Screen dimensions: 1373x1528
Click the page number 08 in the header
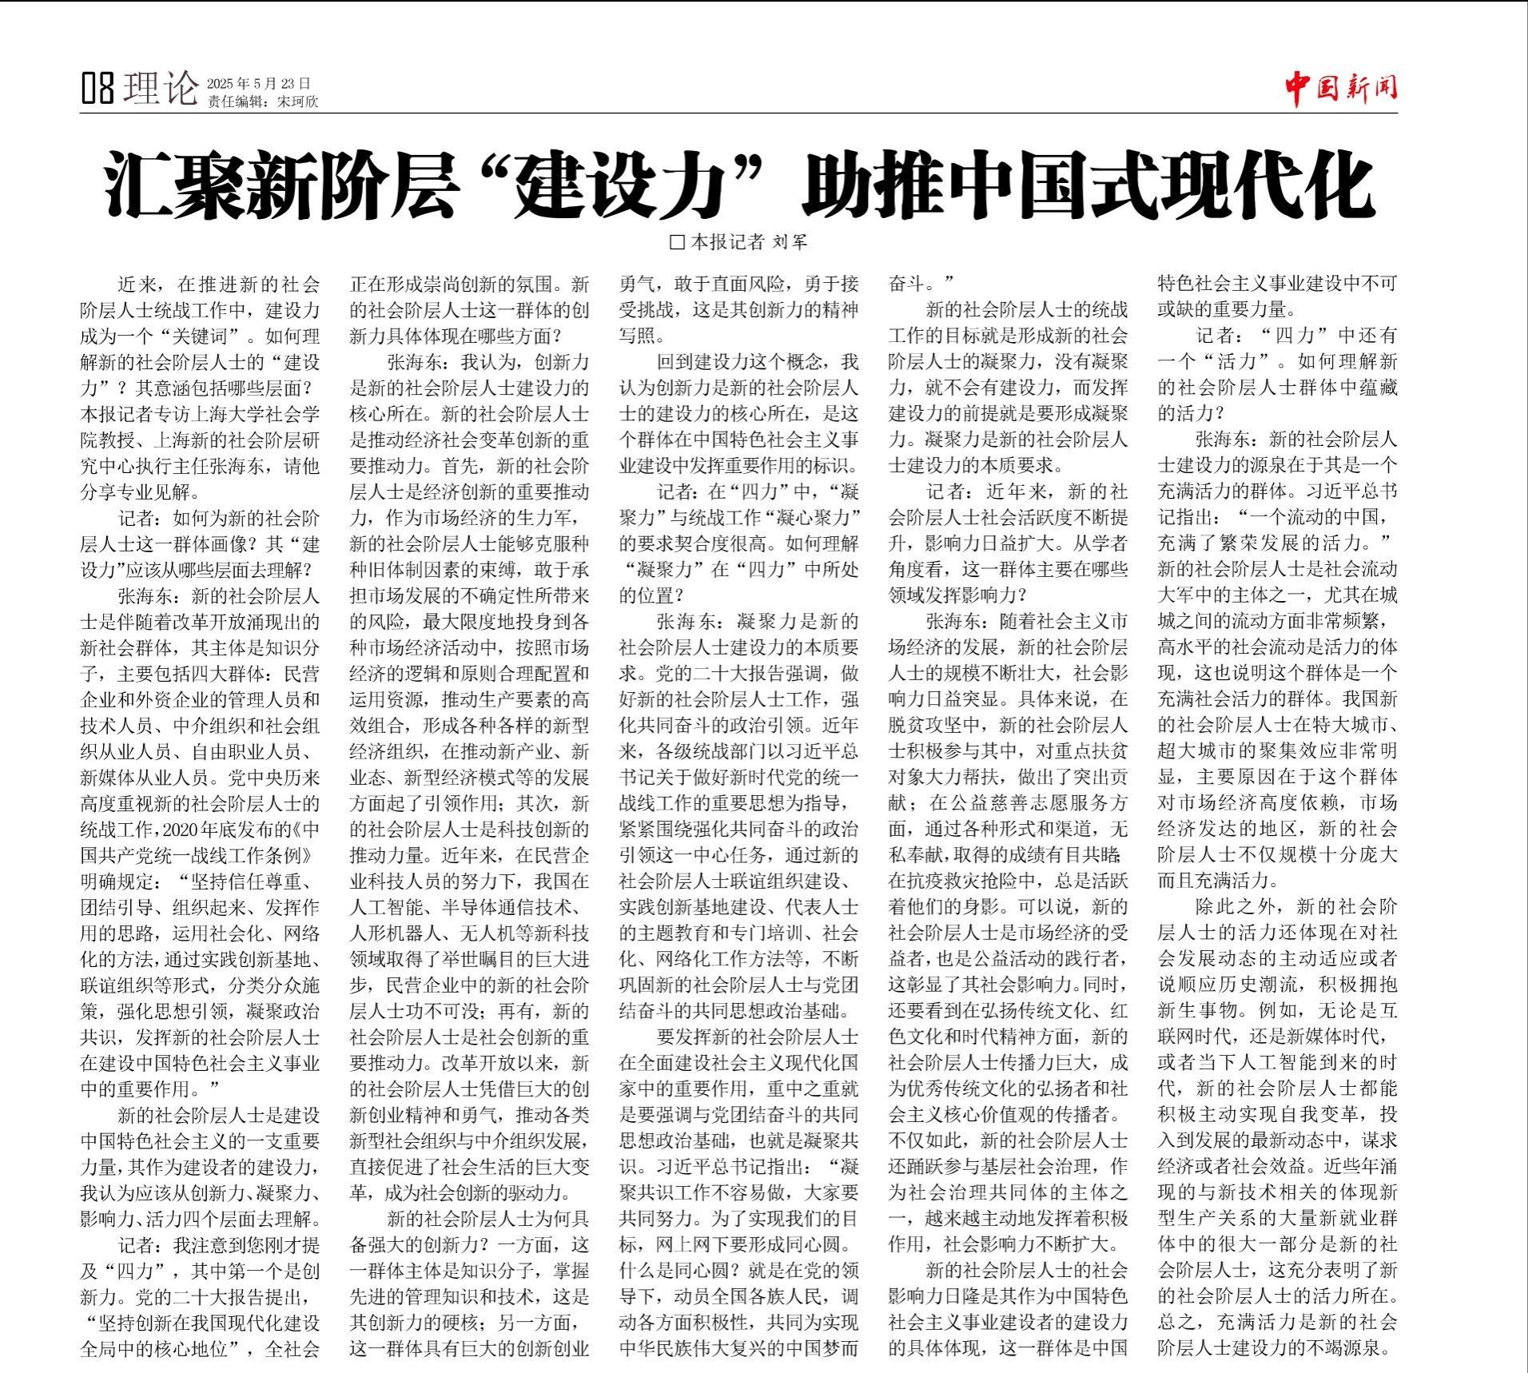coord(98,87)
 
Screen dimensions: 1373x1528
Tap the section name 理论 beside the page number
coord(160,87)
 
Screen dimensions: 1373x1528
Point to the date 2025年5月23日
coord(258,82)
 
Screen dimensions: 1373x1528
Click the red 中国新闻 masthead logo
coord(1341,87)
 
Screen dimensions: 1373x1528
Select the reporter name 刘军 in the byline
coord(790,241)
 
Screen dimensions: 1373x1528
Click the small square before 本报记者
coord(677,241)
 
